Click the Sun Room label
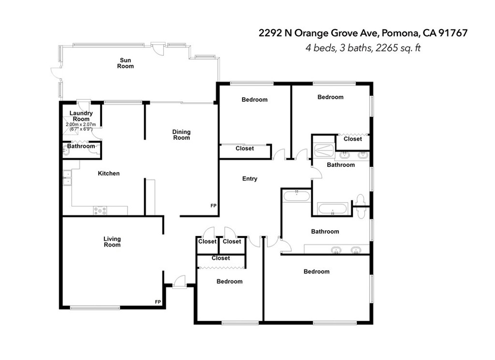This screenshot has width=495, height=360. click(x=125, y=63)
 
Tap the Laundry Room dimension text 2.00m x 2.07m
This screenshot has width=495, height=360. click(x=81, y=125)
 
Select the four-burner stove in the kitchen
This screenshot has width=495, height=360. click(x=101, y=210)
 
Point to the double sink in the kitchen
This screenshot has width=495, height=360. click(x=67, y=178)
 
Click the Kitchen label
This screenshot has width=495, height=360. click(x=109, y=174)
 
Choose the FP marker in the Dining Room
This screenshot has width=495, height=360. click(x=213, y=206)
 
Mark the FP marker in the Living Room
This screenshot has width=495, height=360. click(x=158, y=302)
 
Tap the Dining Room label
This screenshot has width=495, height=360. click(x=181, y=135)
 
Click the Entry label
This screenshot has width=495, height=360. click(x=249, y=179)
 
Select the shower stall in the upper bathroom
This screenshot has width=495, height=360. click(x=323, y=150)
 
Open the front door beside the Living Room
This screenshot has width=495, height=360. click(x=179, y=282)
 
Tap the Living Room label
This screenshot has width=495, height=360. click(x=112, y=242)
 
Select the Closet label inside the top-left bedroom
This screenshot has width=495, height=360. click(x=245, y=149)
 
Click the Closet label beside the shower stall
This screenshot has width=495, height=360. click(x=352, y=139)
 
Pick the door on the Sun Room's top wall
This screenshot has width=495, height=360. click(x=156, y=47)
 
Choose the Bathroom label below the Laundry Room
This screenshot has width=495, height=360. click(x=81, y=146)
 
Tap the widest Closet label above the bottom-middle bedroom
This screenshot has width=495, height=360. click(x=220, y=258)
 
